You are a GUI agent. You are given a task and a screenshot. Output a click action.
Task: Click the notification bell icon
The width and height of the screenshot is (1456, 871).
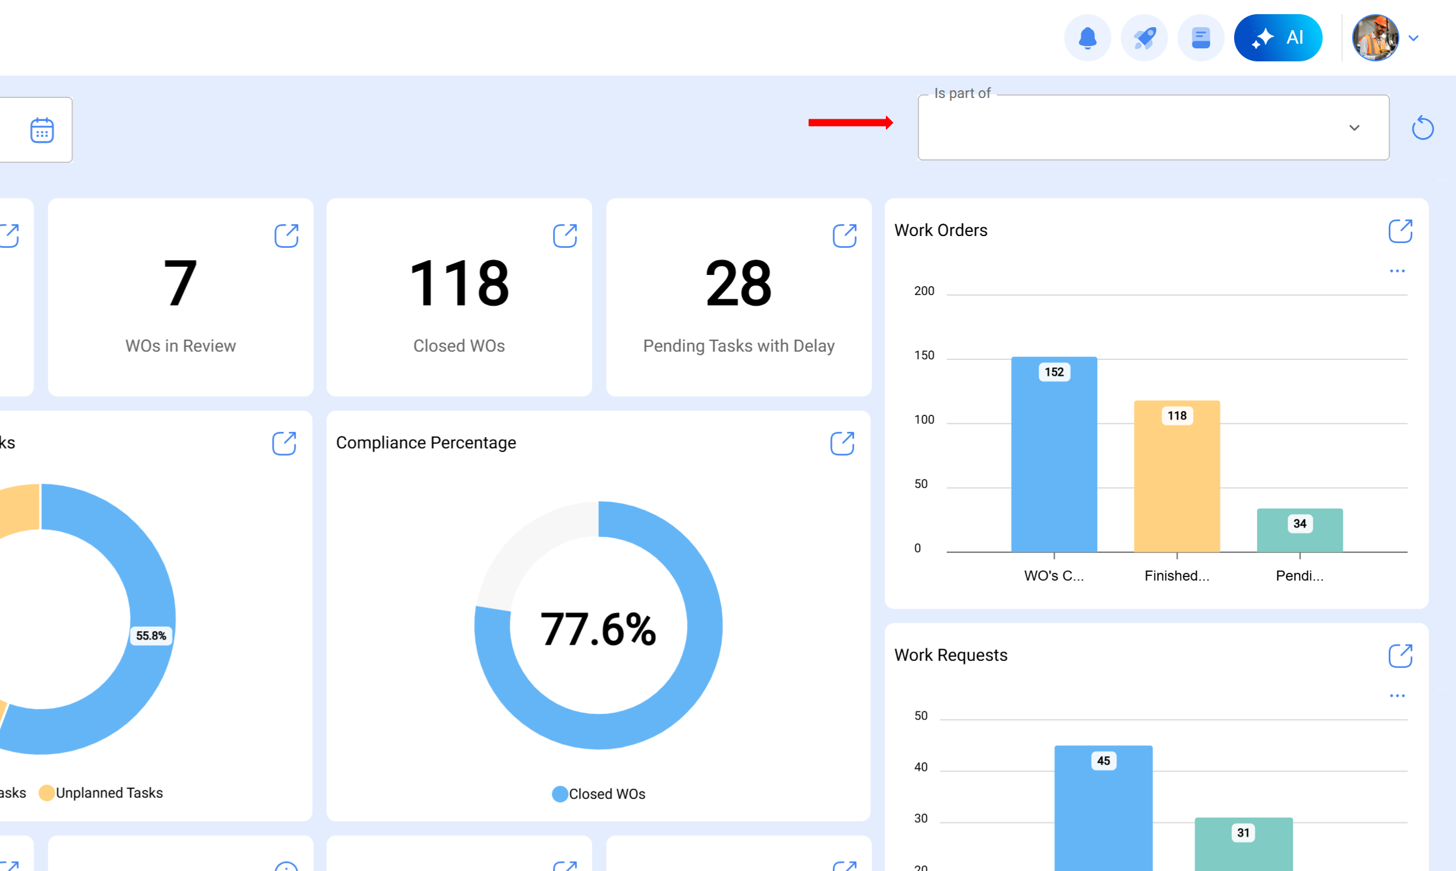pos(1087,38)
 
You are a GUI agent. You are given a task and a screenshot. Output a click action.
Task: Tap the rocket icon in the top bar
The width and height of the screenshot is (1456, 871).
pos(1144,38)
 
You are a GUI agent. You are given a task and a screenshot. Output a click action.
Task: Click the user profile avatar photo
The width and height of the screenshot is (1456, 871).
pos(1375,38)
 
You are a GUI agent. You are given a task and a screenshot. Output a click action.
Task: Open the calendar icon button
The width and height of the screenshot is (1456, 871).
pos(42,130)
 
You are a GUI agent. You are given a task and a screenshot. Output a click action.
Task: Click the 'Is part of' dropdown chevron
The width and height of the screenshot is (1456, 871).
pos(1354,128)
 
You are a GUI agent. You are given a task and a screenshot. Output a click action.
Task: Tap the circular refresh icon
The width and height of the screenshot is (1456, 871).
pos(1422,128)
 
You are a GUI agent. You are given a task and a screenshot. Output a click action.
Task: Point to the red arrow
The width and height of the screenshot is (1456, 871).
pos(850,123)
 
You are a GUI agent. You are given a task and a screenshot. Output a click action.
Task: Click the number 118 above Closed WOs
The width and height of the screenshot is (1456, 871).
pos(459,284)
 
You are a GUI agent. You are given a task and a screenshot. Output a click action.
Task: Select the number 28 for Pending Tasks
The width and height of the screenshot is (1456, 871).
pos(738,284)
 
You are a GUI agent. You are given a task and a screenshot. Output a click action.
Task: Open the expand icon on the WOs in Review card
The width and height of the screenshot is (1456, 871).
pos(286,235)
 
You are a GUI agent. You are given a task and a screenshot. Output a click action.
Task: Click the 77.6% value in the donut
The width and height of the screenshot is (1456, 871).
pos(598,629)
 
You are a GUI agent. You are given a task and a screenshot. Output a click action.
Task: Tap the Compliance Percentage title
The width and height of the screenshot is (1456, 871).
pos(426,443)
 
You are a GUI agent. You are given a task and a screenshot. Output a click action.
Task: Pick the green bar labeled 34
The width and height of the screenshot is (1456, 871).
pos(1299,531)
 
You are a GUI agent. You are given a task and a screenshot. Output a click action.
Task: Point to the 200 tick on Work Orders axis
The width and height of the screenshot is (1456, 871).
pos(924,291)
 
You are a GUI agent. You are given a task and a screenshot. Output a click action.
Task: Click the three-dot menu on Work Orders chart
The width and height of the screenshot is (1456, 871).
pos(1396,271)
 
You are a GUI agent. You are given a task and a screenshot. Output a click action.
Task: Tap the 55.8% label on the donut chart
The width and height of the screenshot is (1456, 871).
pos(151,636)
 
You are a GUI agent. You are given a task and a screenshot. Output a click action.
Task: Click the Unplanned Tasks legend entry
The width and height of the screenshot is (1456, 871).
pos(102,793)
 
